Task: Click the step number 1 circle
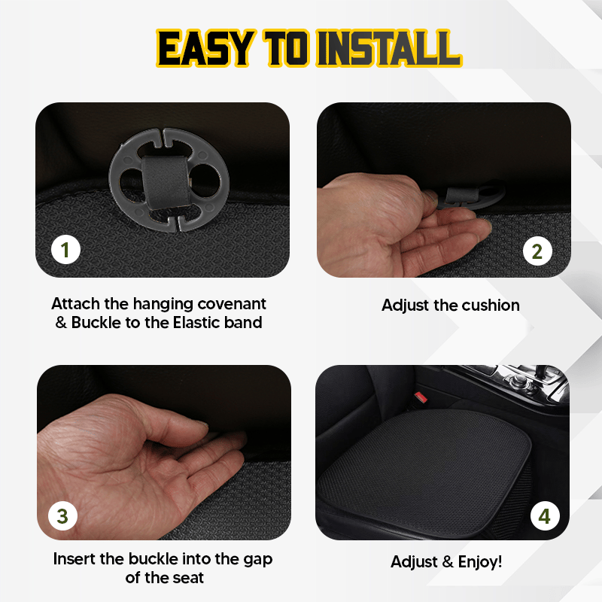click(65, 249)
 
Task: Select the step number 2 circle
click(537, 251)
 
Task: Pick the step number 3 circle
click(63, 515)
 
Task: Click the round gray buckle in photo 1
click(163, 181)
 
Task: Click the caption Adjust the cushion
click(450, 305)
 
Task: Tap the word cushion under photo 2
click(490, 305)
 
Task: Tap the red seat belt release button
click(419, 397)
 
